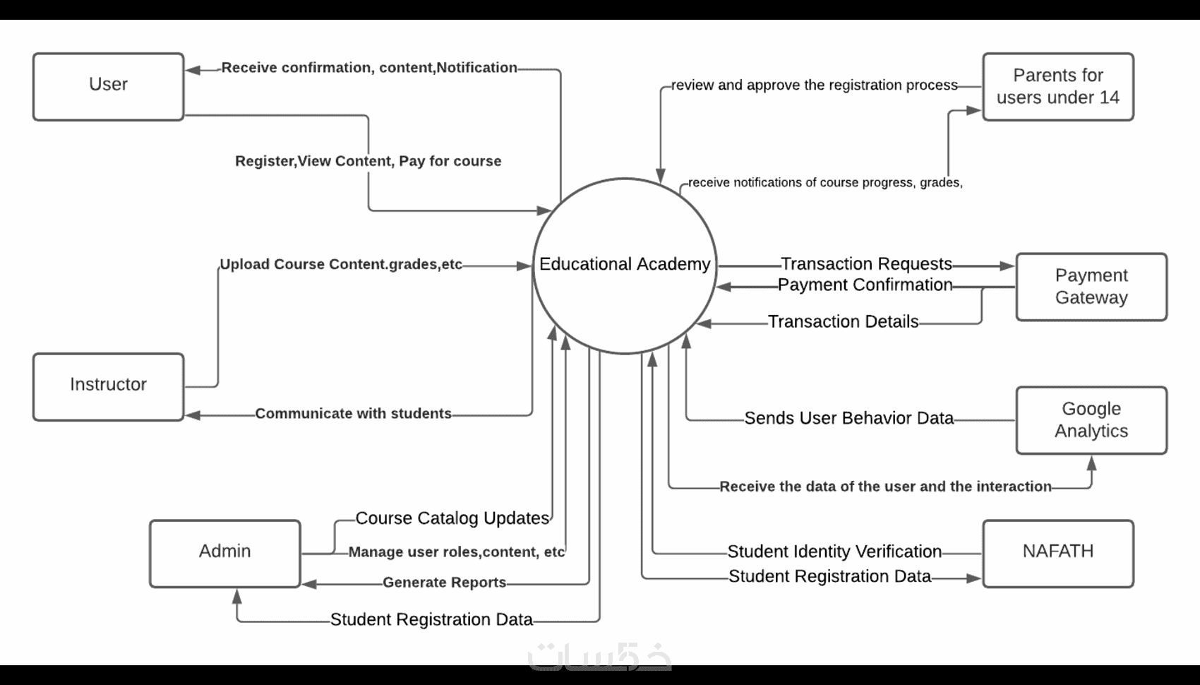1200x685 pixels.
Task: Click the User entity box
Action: [108, 86]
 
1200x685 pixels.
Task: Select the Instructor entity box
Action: [108, 386]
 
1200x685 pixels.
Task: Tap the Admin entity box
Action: [224, 553]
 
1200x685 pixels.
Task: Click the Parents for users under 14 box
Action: [1057, 86]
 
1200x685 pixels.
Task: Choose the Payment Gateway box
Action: [1091, 287]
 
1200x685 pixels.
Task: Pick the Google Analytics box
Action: [1091, 420]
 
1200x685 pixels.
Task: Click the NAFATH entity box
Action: [1057, 553]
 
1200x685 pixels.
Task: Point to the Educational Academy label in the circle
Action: [625, 264]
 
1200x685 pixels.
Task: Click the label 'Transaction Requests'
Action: [866, 264]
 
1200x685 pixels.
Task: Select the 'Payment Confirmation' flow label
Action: [865, 285]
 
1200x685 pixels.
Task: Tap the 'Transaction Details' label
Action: [843, 322]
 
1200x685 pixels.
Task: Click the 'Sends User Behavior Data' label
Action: [848, 419]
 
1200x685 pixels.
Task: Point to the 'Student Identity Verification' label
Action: [834, 552]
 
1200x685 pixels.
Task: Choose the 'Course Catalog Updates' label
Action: [452, 518]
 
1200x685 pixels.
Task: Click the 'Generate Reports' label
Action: [444, 583]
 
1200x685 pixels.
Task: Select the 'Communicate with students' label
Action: [353, 414]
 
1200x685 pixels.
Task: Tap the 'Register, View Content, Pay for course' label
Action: [368, 161]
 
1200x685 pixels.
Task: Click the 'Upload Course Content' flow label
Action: [340, 265]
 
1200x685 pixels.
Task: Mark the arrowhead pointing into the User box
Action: [193, 70]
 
